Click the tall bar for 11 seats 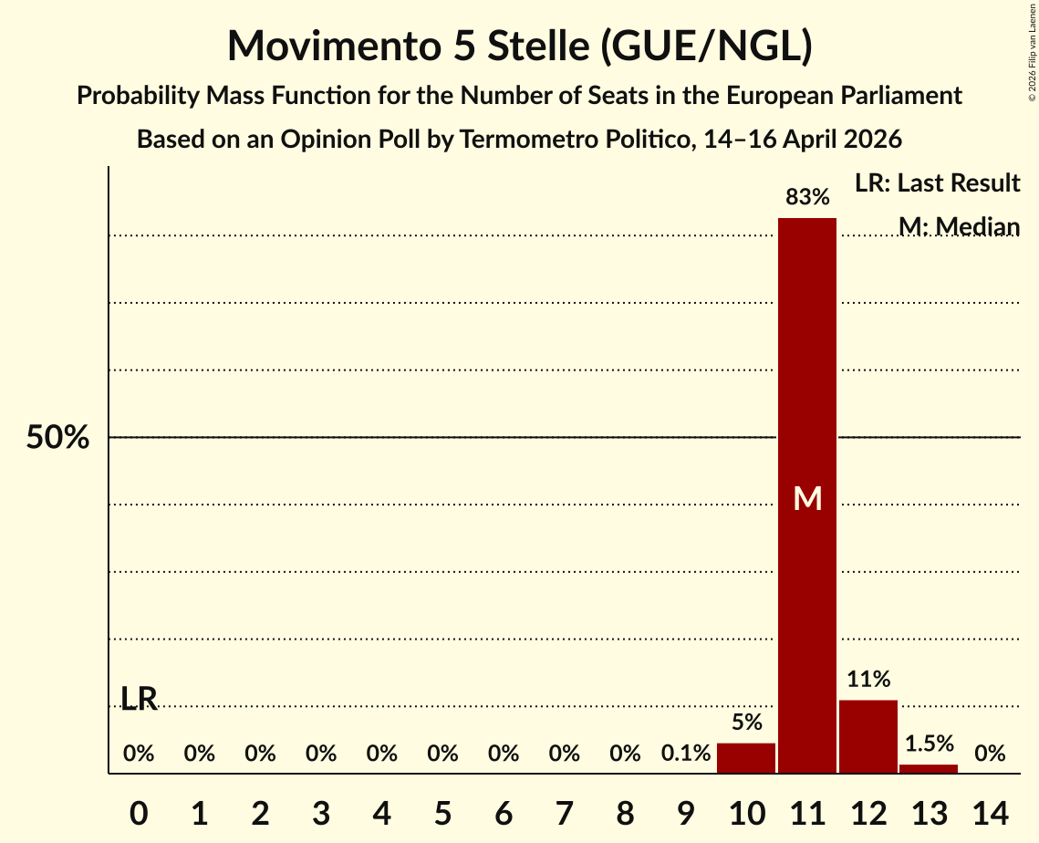point(807,495)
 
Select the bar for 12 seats point(868,736)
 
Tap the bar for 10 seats point(746,758)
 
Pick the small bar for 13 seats point(929,769)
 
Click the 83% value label point(807,197)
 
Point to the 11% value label point(868,680)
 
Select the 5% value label point(747,722)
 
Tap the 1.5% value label point(929,744)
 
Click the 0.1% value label point(686,753)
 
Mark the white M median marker point(807,498)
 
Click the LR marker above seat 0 point(140,699)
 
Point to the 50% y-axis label point(57,437)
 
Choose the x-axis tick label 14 point(990,813)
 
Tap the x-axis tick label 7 point(564,813)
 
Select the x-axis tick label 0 point(139,813)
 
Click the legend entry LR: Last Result point(937,182)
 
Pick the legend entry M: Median point(960,226)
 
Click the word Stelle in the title point(538,46)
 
